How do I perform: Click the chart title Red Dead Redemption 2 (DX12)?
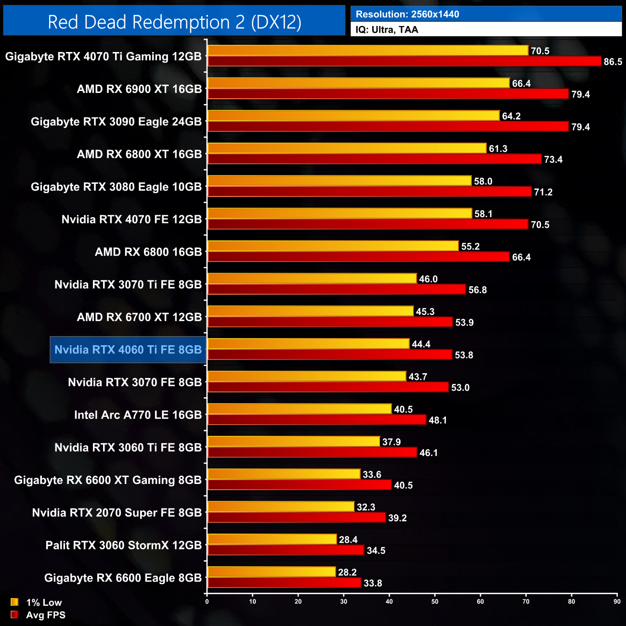tap(174, 22)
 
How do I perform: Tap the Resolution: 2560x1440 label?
tap(407, 14)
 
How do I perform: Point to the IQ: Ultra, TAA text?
tap(387, 30)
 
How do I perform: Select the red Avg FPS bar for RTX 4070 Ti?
tap(404, 61)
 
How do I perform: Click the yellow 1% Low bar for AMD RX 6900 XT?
tap(358, 83)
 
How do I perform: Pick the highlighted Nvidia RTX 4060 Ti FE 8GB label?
tap(128, 350)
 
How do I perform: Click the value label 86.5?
tap(613, 62)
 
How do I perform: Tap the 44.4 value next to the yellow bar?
tap(421, 344)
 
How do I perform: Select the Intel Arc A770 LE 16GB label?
tap(138, 415)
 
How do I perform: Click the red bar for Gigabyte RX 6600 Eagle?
tap(284, 583)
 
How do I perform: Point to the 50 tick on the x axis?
tap(435, 601)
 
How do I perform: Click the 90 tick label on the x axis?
tap(617, 601)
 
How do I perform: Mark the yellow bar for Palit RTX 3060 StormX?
tap(272, 539)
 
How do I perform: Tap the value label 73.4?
tap(553, 159)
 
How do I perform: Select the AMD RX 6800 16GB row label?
tap(148, 252)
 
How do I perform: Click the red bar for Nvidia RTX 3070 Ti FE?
tap(337, 289)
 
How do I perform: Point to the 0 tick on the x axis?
tap(207, 601)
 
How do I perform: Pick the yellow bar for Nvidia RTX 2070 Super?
tap(281, 507)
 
